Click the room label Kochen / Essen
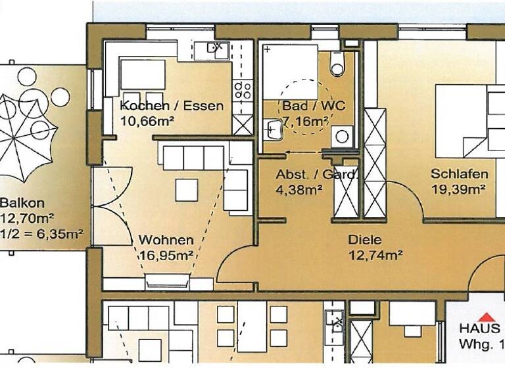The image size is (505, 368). click(x=172, y=106)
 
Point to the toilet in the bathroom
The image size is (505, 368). click(x=337, y=63)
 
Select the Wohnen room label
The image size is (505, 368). click(x=166, y=240)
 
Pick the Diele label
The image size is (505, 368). click(x=366, y=240)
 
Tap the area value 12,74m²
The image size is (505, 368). click(x=375, y=255)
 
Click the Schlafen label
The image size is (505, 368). click(x=459, y=174)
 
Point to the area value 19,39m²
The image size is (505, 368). click(x=458, y=190)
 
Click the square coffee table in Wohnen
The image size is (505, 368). click(x=186, y=189)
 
